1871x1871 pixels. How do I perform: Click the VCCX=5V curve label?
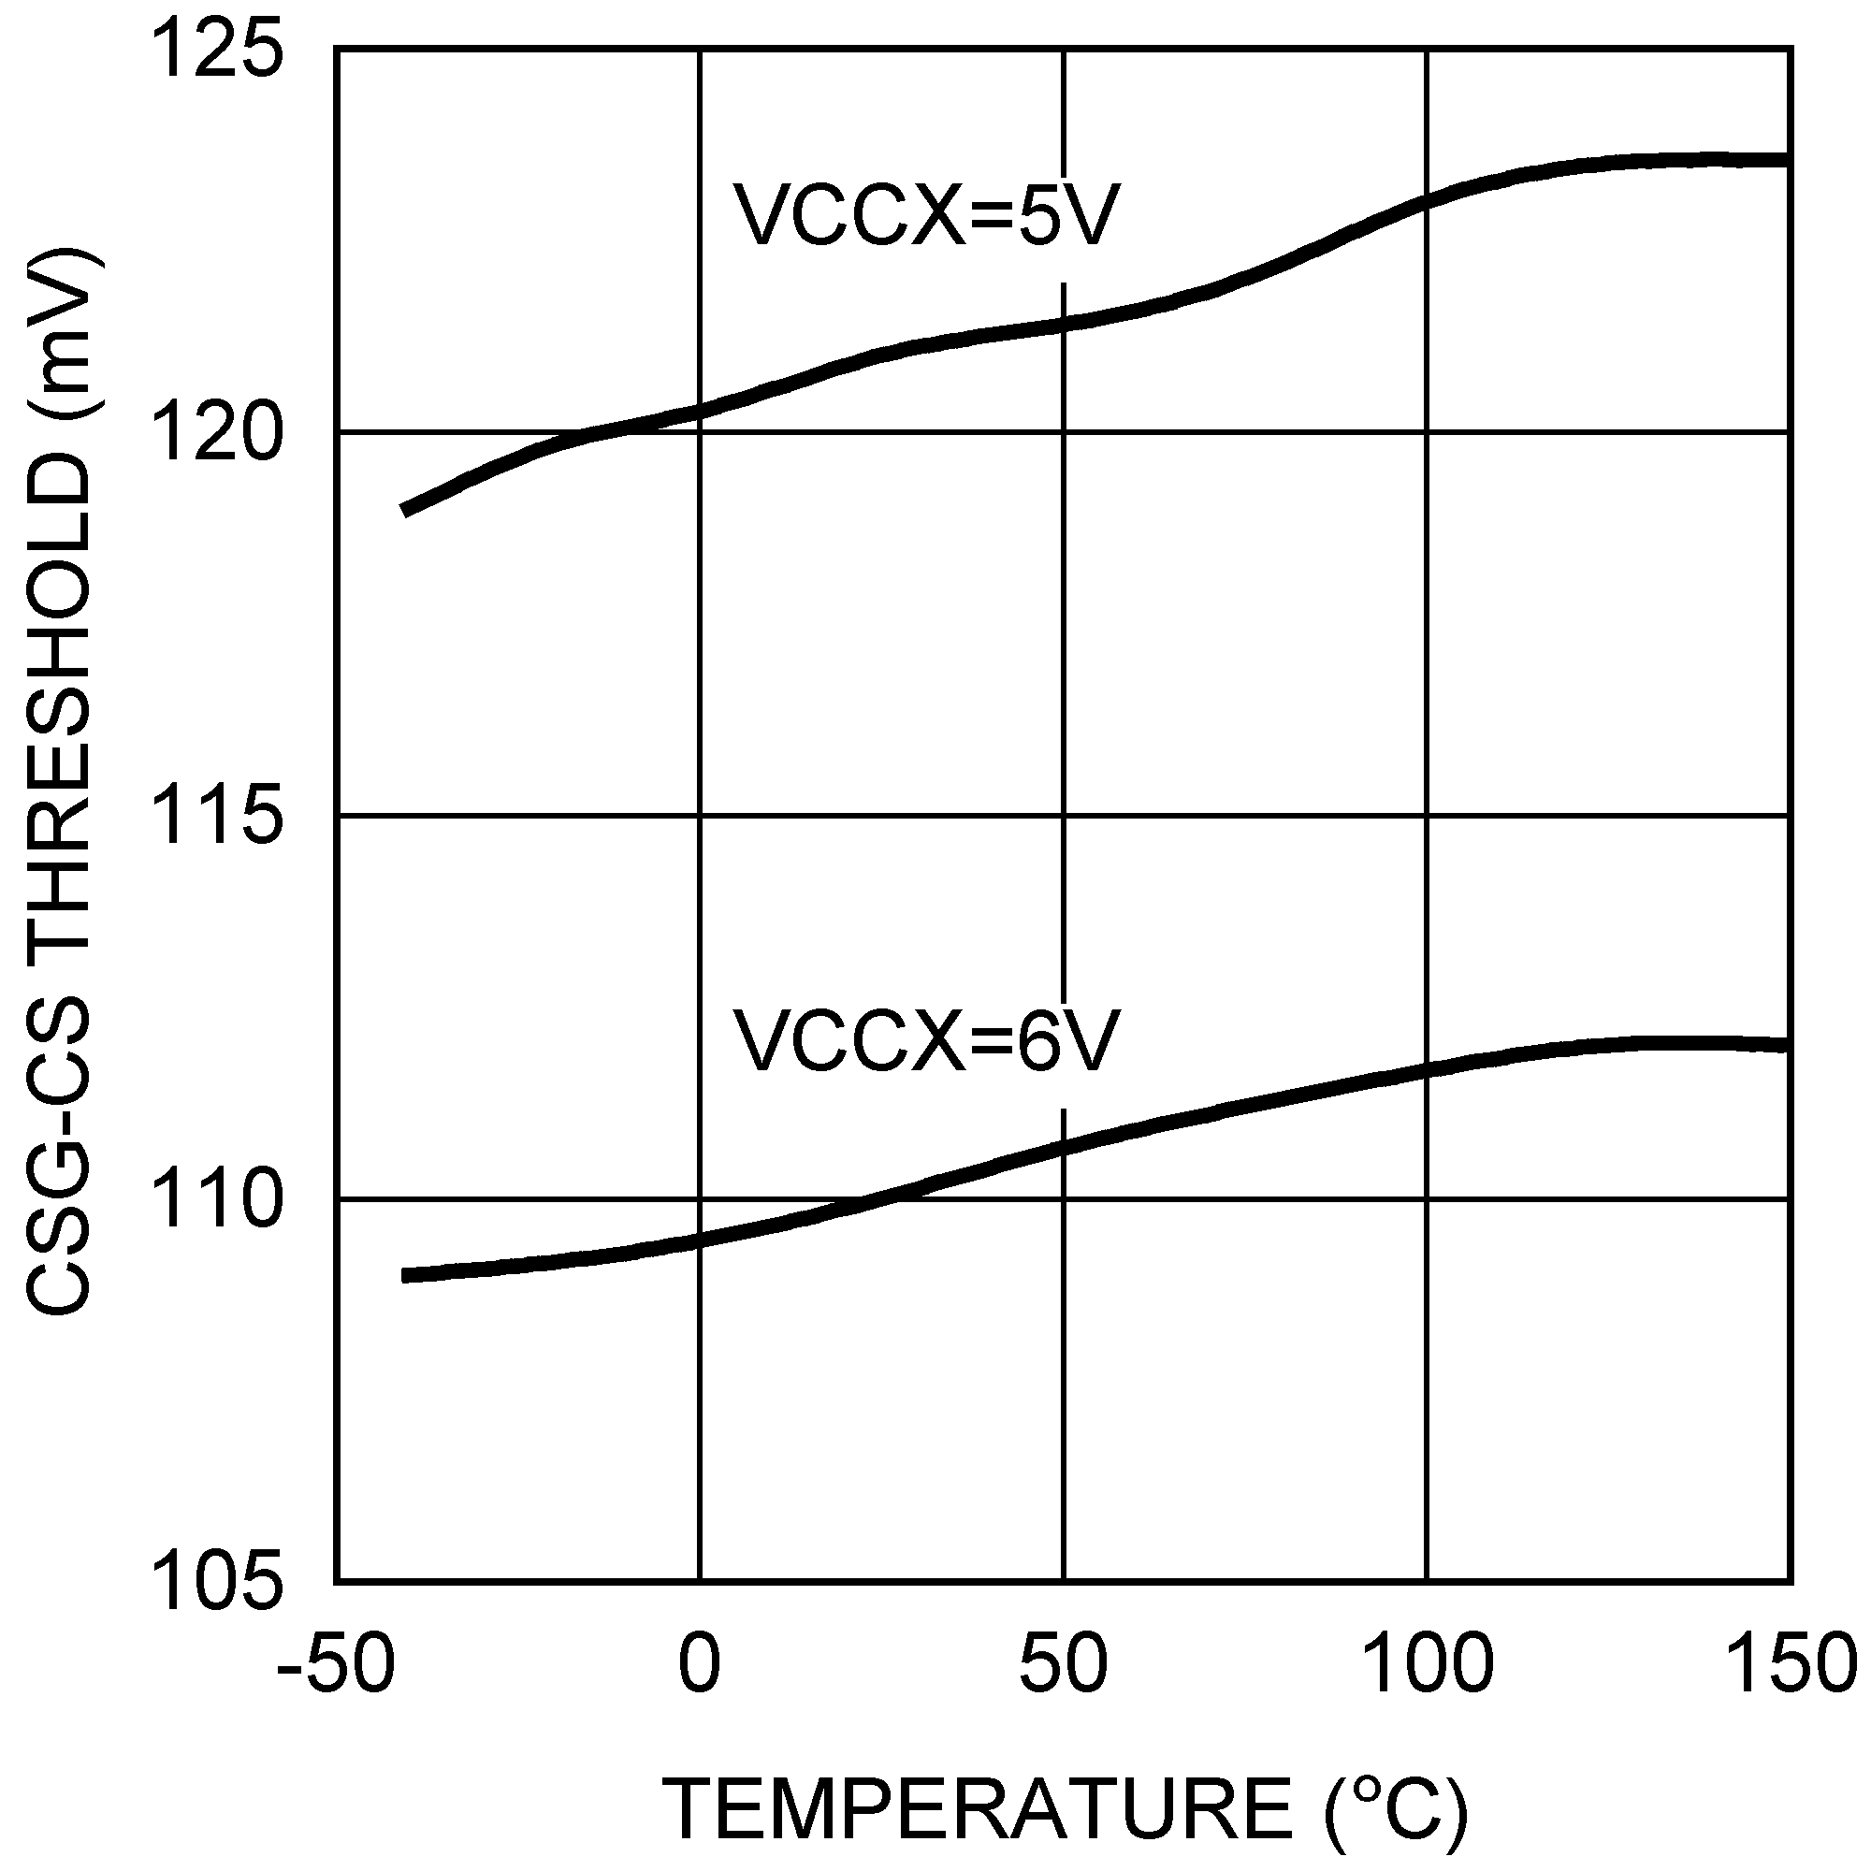[926, 215]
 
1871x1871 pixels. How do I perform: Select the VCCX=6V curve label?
[926, 1040]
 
